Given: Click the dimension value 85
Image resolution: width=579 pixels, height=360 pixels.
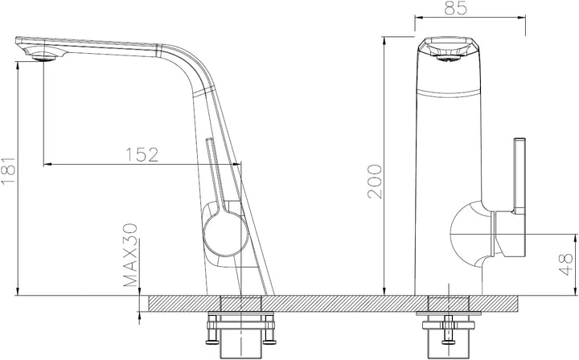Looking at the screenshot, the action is point(456,8).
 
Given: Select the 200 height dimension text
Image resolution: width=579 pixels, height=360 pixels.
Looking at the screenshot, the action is point(375,182).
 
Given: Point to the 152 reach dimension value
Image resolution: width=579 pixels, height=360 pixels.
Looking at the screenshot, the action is point(142,155).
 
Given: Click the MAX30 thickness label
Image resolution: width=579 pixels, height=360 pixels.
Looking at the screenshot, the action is point(130,256).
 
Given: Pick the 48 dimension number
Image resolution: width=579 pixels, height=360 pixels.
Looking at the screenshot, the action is point(565,264).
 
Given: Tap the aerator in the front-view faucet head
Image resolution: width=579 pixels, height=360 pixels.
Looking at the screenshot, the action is point(450,57).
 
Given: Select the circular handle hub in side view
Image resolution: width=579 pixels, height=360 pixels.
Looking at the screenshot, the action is point(225,235).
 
